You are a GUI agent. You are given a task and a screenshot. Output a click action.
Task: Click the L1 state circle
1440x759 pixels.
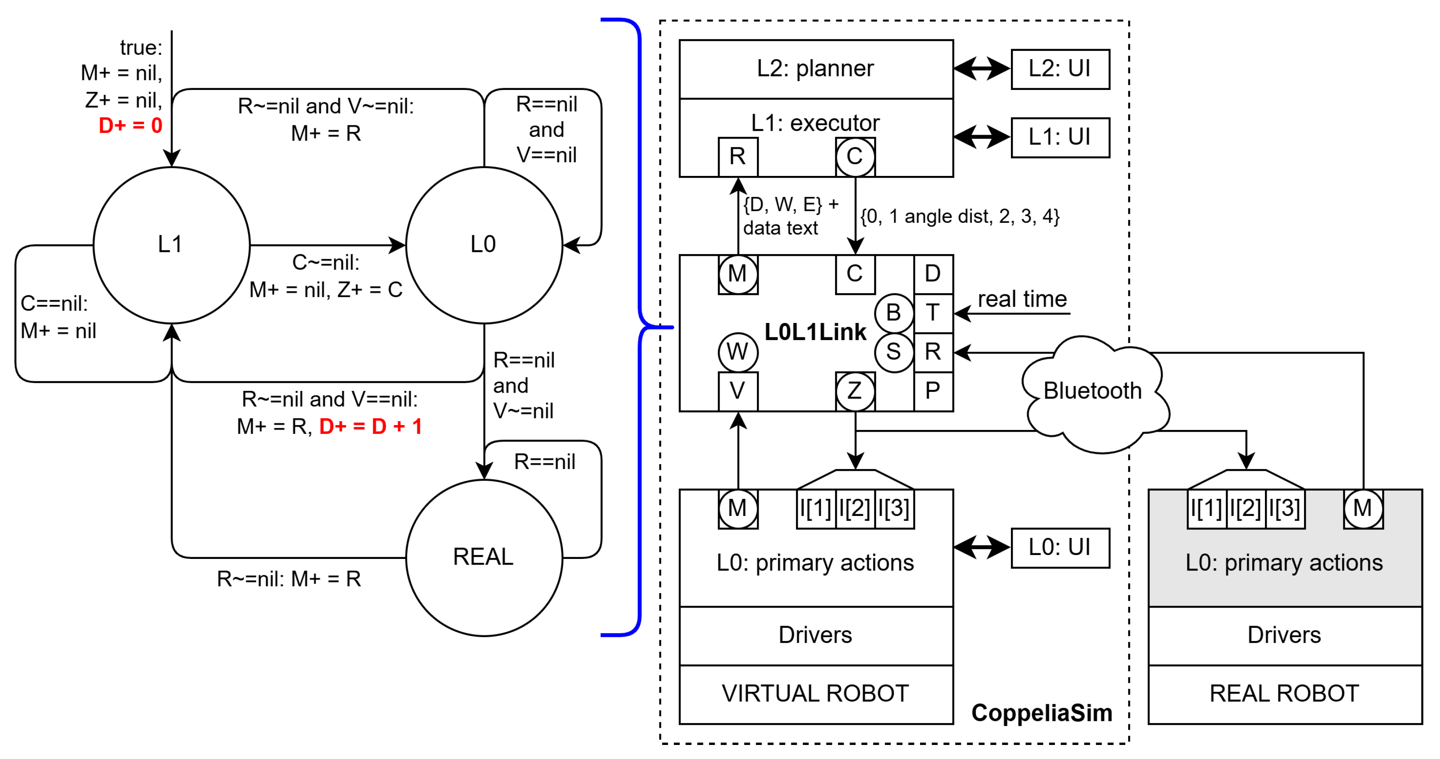172,245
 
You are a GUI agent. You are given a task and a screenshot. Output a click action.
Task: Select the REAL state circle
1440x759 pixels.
484,557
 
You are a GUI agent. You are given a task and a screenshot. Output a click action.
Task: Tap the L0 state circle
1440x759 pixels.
484,245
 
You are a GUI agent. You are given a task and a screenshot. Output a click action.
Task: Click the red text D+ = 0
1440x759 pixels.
130,125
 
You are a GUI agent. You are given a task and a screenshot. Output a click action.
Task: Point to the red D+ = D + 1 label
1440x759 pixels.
371,426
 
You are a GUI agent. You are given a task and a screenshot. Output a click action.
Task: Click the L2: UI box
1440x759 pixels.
1060,69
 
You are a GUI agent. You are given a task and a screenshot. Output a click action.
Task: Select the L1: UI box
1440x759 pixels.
1060,137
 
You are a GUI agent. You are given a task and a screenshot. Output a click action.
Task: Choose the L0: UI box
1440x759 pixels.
1060,548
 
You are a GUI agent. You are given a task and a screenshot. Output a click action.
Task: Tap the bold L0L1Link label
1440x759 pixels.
815,332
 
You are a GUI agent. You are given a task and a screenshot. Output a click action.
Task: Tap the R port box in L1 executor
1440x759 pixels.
738,157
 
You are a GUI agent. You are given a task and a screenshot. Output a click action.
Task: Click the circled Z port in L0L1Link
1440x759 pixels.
855,391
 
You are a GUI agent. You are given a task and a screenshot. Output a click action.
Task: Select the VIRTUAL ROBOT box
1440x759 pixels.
816,694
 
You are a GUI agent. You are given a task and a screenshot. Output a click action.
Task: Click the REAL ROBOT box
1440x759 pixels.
1285,694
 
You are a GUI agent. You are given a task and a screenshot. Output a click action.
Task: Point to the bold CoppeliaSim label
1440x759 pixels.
1042,713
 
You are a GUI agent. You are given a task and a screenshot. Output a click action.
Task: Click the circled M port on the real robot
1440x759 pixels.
1363,508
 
